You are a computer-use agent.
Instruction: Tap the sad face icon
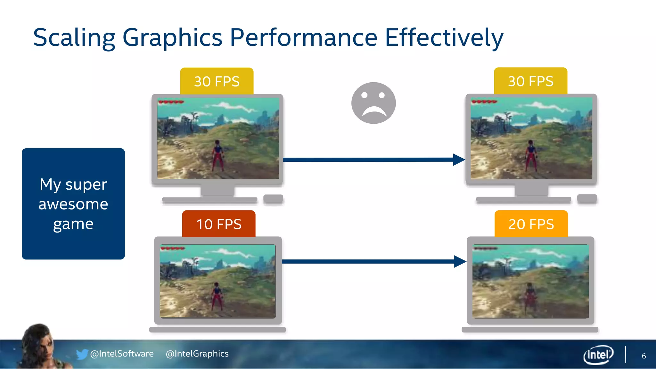[x=373, y=103]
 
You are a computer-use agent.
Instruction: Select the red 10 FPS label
[x=219, y=224]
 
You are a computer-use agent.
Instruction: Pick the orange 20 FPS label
[x=531, y=224]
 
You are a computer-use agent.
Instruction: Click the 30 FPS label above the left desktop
[x=217, y=81]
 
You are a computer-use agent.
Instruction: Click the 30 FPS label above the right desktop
[x=530, y=81]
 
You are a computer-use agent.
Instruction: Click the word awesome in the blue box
[x=73, y=204]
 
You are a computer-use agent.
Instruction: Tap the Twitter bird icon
[x=82, y=354]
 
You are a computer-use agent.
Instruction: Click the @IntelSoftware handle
[x=122, y=354]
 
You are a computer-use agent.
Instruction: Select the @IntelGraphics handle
[x=197, y=354]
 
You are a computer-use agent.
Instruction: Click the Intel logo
[x=598, y=355]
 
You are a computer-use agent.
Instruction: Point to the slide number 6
[x=644, y=356]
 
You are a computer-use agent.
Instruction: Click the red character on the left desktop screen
[x=217, y=155]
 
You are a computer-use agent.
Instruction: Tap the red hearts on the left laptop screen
[x=173, y=248]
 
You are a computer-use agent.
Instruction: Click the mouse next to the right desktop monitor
[x=587, y=199]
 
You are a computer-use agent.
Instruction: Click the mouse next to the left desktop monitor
[x=273, y=199]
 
